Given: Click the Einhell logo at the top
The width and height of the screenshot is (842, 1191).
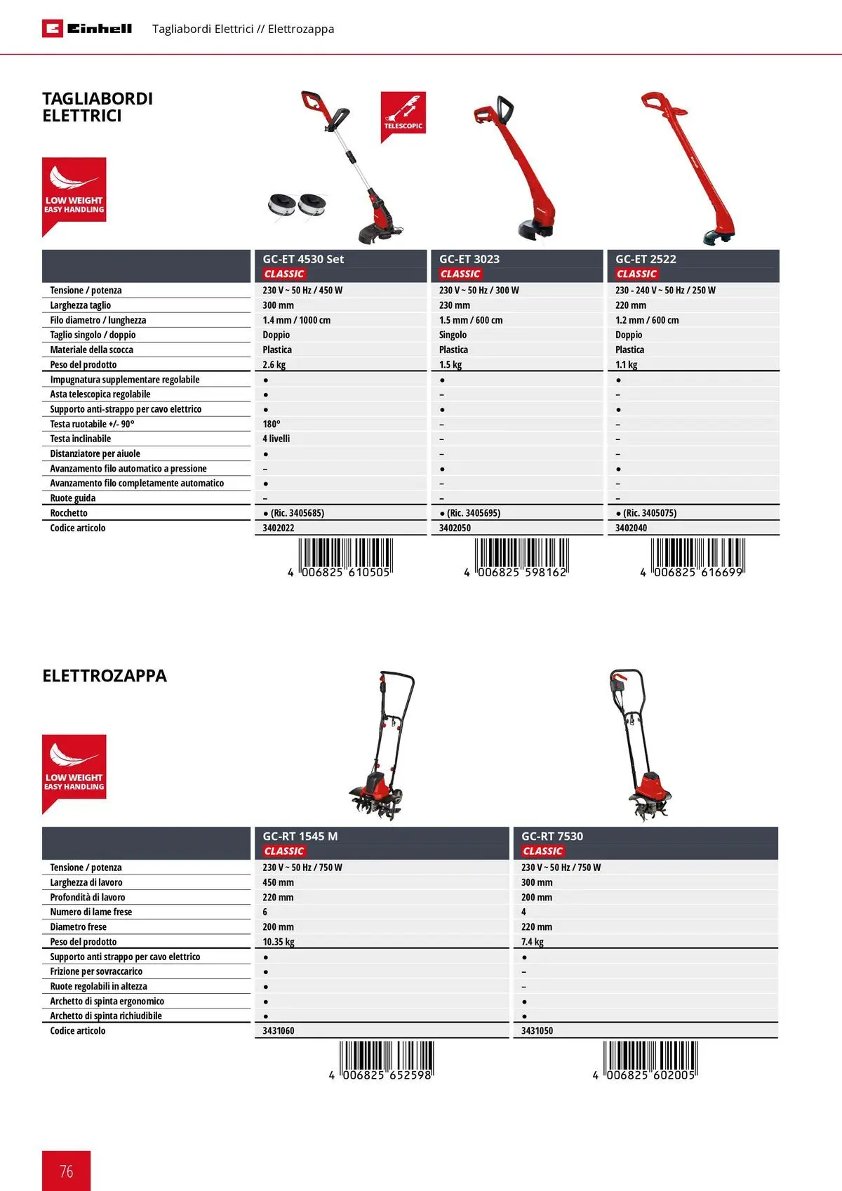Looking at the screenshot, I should (x=87, y=29).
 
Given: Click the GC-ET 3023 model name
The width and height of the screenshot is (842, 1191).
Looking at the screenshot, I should (x=469, y=259).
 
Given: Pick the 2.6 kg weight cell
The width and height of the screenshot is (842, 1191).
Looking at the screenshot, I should (x=274, y=365).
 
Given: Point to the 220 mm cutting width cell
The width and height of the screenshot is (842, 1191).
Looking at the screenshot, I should (x=631, y=305).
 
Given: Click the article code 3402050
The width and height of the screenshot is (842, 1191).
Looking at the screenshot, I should (x=455, y=528).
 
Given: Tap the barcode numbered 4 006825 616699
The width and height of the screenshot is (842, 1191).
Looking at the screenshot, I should (x=693, y=558).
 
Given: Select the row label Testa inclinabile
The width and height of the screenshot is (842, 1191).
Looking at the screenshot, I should (x=81, y=439).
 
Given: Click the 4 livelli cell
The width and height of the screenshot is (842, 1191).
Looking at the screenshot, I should (x=276, y=439).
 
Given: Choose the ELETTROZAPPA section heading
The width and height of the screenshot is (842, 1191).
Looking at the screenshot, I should (x=105, y=676).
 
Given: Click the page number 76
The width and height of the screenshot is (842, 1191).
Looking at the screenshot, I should (x=67, y=1171).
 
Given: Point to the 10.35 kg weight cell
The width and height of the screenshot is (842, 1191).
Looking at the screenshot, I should (x=279, y=942).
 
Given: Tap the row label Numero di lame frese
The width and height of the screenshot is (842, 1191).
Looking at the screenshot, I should (x=91, y=912).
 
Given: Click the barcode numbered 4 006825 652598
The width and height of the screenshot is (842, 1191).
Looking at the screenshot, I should (x=383, y=1060).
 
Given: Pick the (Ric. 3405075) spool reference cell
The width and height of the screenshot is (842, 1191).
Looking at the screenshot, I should (x=646, y=513).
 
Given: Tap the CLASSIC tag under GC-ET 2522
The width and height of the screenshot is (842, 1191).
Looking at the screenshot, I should (x=636, y=274).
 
